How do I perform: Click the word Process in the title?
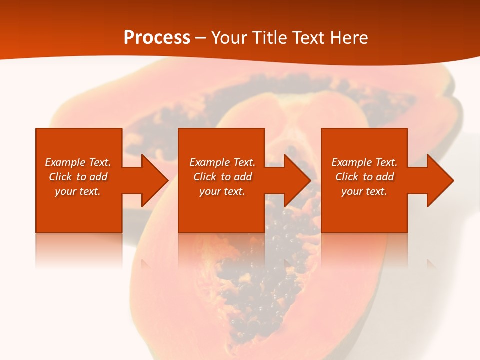(157, 38)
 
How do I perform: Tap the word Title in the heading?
(270, 38)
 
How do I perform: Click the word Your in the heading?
(229, 38)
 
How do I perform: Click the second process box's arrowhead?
(297, 180)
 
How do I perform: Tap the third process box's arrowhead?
(440, 180)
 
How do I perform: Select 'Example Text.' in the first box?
(78, 162)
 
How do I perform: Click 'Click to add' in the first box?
(78, 177)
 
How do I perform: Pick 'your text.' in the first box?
(78, 191)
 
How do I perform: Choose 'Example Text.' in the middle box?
(222, 162)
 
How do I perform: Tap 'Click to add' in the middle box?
(222, 177)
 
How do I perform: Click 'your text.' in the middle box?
(222, 191)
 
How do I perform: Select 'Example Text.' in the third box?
(364, 162)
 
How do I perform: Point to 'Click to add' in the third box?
(364, 177)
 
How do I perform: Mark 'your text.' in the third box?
(364, 191)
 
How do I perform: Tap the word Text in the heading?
(308, 38)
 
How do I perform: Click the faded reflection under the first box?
(79, 250)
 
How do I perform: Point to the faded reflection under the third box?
(364, 250)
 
